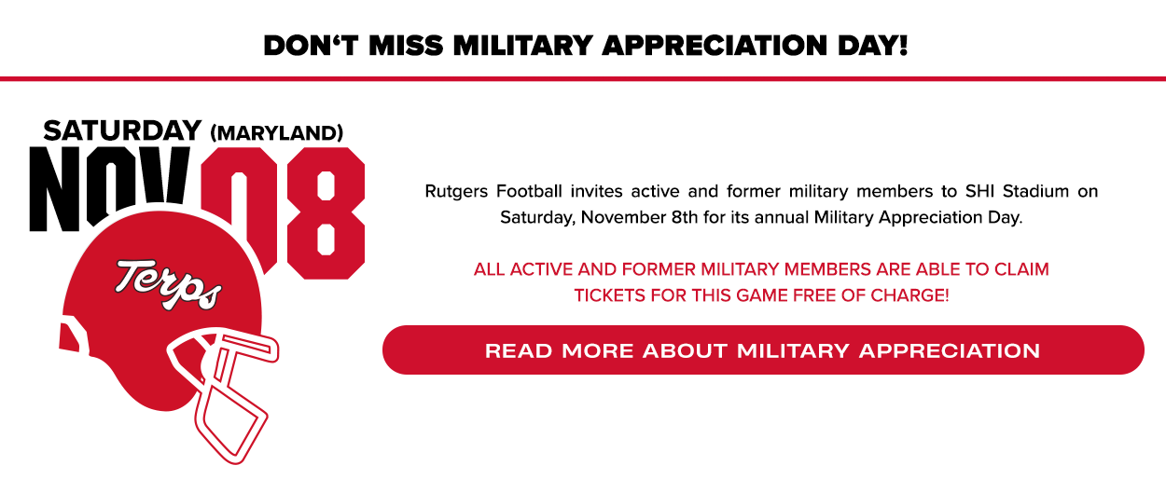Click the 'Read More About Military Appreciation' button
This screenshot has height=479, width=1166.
tap(763, 350)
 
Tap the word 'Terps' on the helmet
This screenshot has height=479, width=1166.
tap(169, 285)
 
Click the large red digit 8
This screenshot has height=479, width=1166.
tap(326, 213)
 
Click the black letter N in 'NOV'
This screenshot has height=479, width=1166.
tap(54, 189)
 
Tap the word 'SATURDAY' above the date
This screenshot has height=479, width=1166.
tap(122, 130)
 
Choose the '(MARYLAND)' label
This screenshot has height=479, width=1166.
tap(277, 133)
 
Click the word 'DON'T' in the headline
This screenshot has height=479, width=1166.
tap(312, 46)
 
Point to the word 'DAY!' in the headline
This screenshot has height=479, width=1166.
tap(873, 46)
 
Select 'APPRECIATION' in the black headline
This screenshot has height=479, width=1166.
tap(715, 46)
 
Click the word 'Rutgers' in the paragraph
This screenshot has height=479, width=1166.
tap(456, 192)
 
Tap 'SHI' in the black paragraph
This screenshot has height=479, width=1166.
tap(980, 191)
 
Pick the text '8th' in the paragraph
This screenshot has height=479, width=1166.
tap(685, 217)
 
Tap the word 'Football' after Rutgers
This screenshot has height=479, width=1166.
tap(529, 191)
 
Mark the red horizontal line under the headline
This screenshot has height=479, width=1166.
tap(583, 79)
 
